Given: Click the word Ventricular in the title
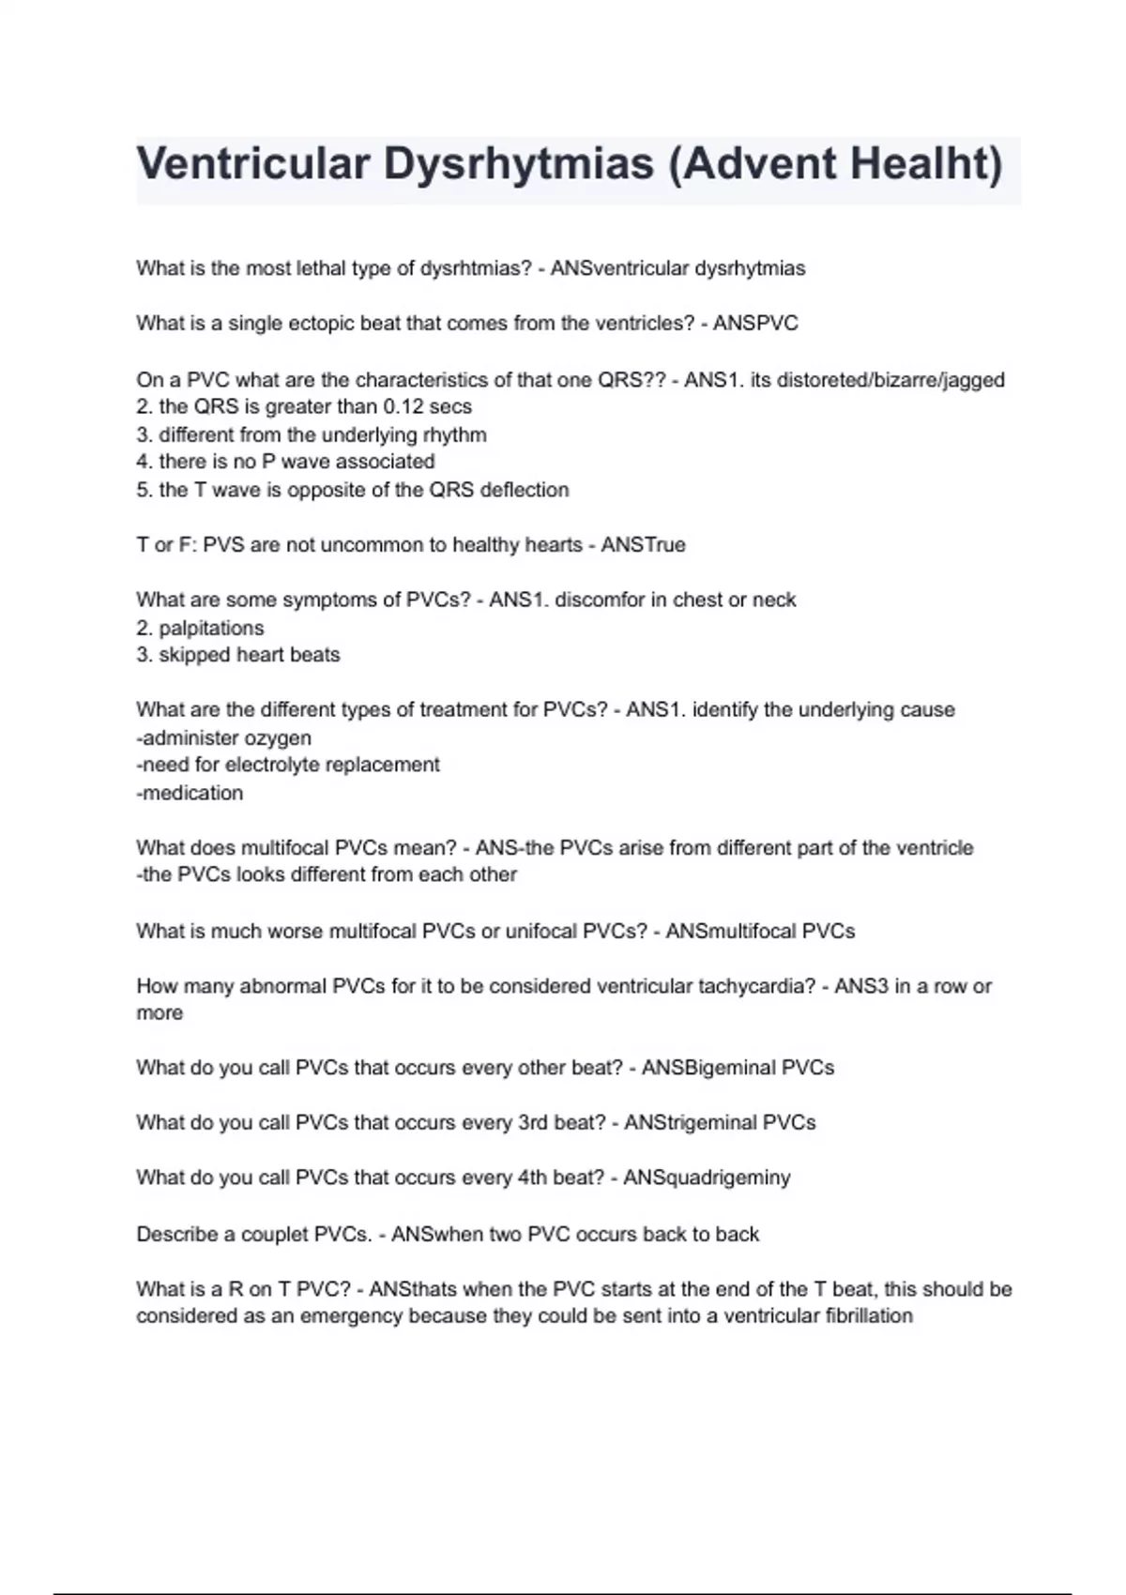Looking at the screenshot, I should pos(252,164).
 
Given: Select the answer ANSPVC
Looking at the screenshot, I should pos(755,324).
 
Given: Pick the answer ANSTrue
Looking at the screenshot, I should pos(643,545).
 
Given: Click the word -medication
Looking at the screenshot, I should pos(190,793).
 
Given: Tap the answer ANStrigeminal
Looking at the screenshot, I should pos(690,1123).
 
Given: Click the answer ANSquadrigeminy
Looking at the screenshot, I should pos(707,1178).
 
